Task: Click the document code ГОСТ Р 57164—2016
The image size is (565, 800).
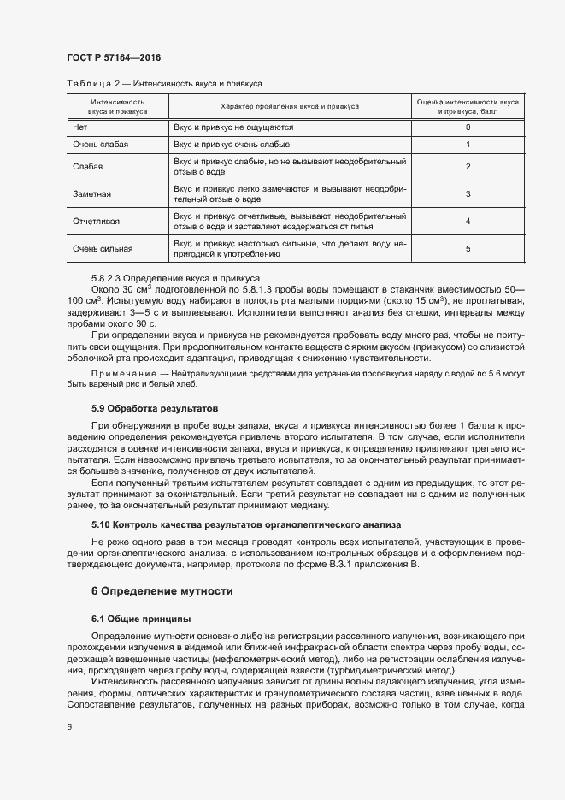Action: click(x=114, y=57)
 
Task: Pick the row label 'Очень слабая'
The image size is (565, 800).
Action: click(x=101, y=145)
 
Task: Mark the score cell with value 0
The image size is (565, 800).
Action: click(x=468, y=127)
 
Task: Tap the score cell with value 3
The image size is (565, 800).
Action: click(x=468, y=194)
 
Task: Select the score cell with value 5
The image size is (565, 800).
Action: click(x=468, y=249)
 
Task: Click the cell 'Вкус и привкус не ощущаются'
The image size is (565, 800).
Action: click(x=233, y=127)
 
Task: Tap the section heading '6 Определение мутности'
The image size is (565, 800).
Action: click(x=162, y=590)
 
